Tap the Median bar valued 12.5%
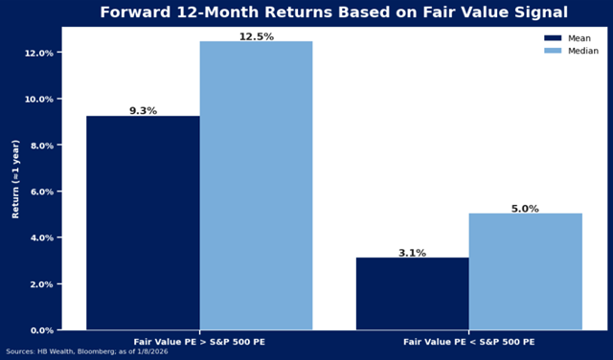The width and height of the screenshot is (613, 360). pyautogui.click(x=256, y=186)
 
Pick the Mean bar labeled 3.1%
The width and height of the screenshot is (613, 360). pyautogui.click(x=413, y=293)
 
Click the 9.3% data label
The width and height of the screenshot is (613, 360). pyautogui.click(x=143, y=111)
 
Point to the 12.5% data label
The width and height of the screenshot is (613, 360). pyautogui.click(x=256, y=36)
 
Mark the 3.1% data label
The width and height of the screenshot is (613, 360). pyautogui.click(x=413, y=253)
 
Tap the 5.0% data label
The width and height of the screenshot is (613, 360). pyautogui.click(x=526, y=209)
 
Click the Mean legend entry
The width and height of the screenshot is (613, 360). pyautogui.click(x=572, y=38)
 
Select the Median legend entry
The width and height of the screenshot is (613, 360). pyautogui.click(x=576, y=51)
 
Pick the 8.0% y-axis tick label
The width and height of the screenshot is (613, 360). pyautogui.click(x=38, y=146)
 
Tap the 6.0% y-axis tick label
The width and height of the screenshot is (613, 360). pyautogui.click(x=38, y=191)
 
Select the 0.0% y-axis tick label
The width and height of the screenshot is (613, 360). pyautogui.click(x=38, y=330)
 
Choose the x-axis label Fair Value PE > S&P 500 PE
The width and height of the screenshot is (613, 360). pyautogui.click(x=199, y=341)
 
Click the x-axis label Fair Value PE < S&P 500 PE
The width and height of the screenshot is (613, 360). pyautogui.click(x=469, y=341)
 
